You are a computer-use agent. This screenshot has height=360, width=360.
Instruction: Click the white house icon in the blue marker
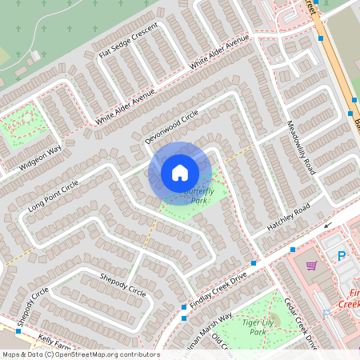tap(180, 172)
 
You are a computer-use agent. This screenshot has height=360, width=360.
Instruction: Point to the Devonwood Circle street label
tap(170, 126)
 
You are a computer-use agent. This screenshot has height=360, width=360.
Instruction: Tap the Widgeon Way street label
tap(41, 158)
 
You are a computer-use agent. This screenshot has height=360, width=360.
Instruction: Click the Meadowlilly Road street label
tap(301, 147)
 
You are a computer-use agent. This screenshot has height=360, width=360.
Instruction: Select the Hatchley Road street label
tap(288, 219)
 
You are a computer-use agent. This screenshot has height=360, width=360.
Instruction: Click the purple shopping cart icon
tap(311, 266)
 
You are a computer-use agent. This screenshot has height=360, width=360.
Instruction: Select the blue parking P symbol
tap(342, 257)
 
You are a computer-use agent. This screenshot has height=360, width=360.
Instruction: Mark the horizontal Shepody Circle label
tap(122, 283)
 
